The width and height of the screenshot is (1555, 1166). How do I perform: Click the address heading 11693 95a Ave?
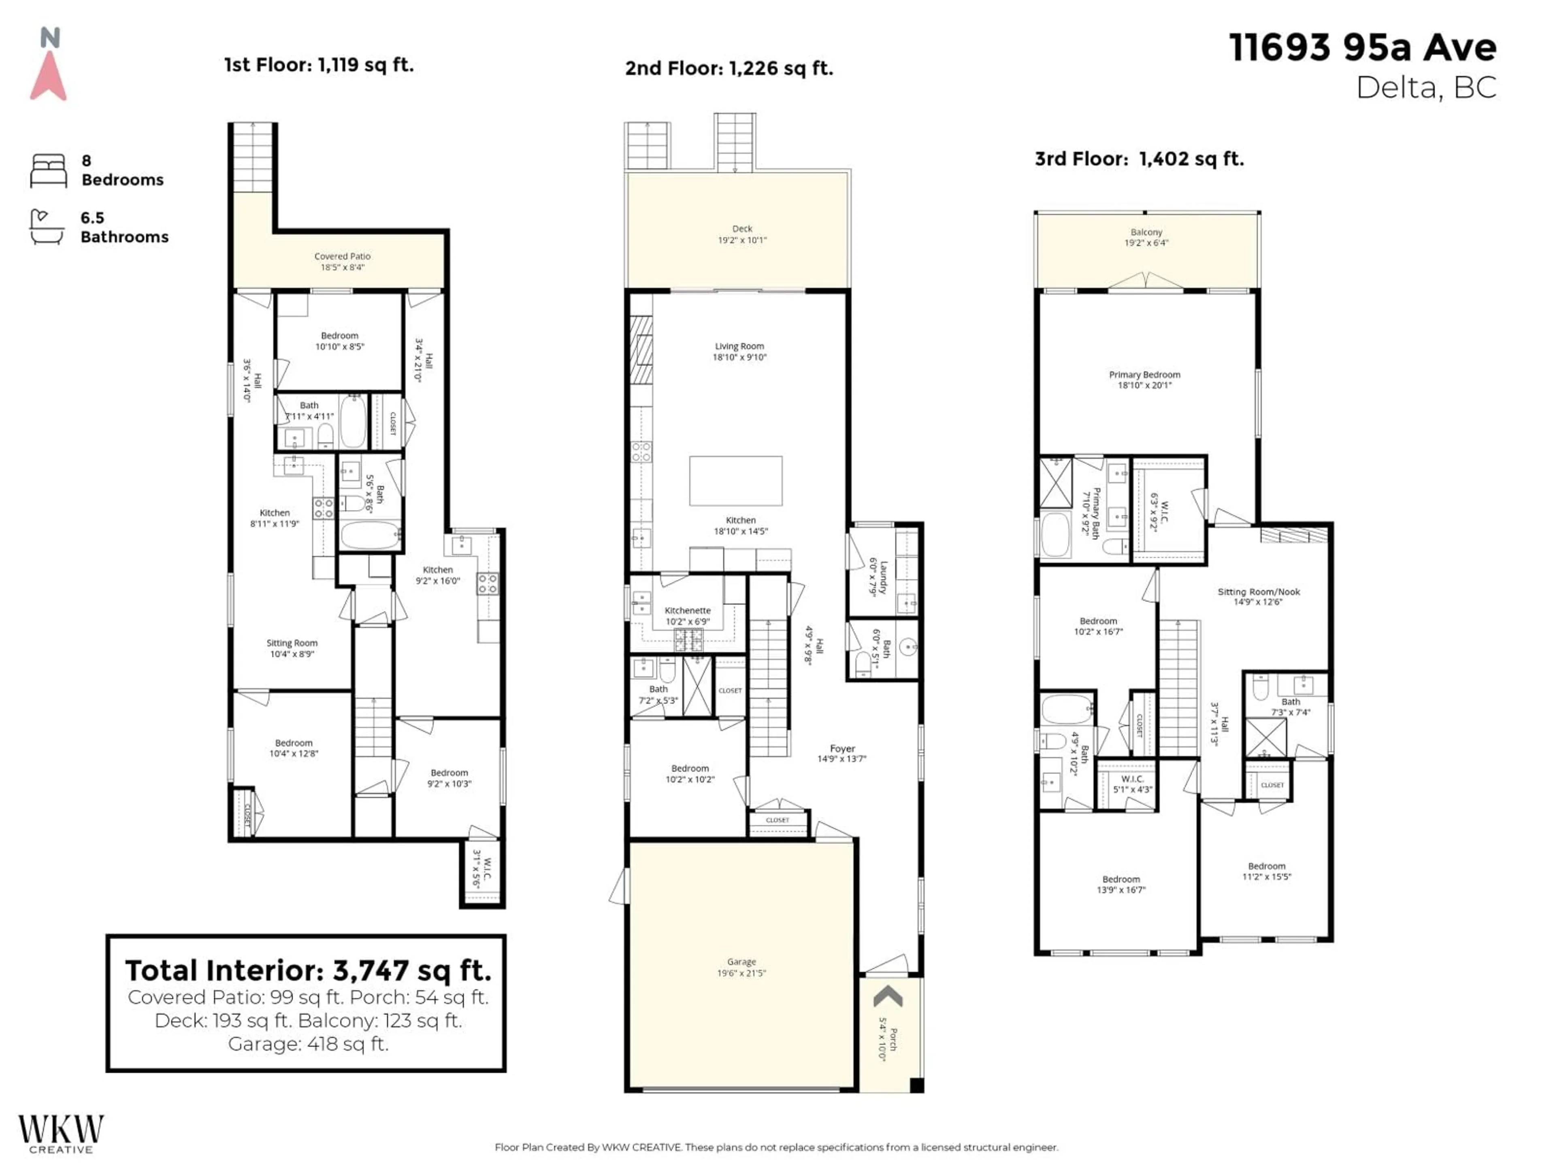pyautogui.click(x=1362, y=48)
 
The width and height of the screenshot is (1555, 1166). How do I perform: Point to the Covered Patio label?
pyautogui.click(x=342, y=262)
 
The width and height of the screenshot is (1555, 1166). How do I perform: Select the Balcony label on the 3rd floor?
pyautogui.click(x=1146, y=237)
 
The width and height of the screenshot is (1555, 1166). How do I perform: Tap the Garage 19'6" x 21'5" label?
pyautogui.click(x=741, y=967)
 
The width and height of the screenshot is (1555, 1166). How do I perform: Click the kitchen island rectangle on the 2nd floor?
pyautogui.click(x=735, y=481)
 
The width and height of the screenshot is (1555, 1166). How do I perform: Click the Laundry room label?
pyautogui.click(x=879, y=577)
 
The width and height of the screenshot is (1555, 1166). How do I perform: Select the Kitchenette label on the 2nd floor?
pyautogui.click(x=688, y=616)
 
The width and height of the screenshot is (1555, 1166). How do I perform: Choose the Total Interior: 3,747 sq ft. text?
pyautogui.click(x=308, y=970)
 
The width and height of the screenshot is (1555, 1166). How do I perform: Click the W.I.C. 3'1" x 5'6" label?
pyautogui.click(x=483, y=874)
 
